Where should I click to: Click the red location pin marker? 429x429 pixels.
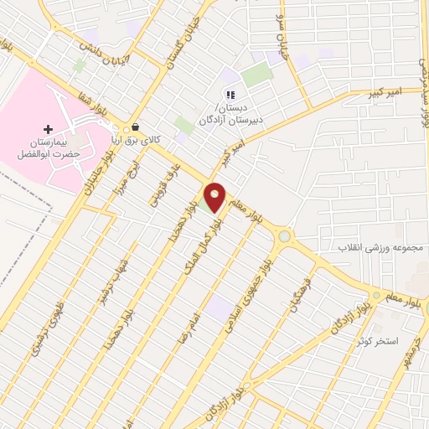(x=215, y=195)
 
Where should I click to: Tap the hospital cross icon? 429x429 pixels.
(x=48, y=129)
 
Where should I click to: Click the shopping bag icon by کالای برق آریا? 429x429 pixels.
(x=136, y=127)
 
